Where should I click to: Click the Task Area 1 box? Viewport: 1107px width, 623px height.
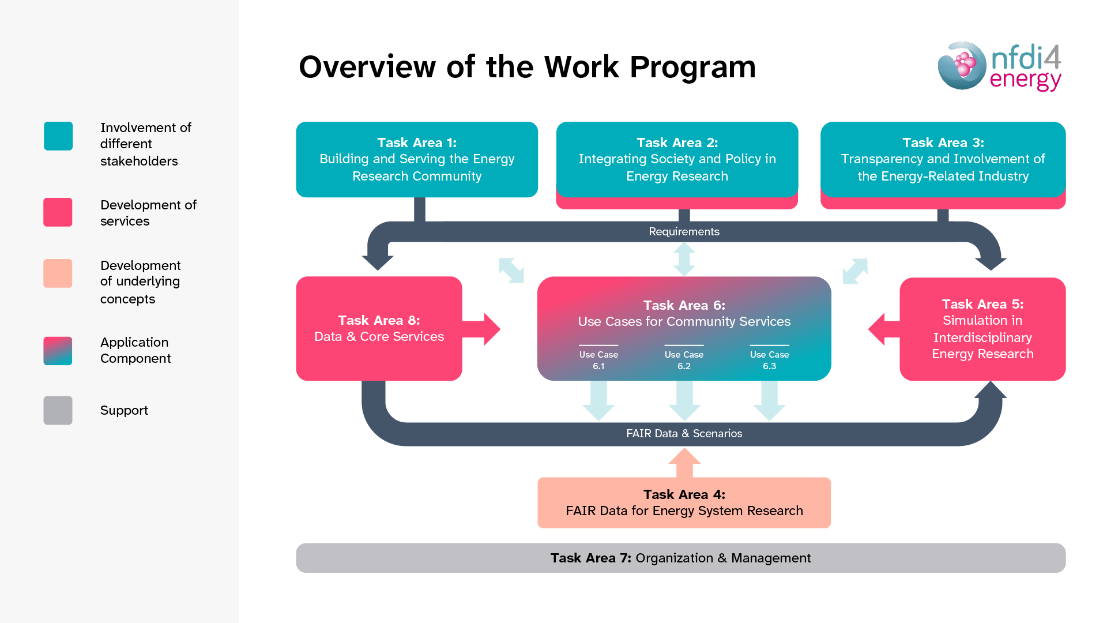(x=417, y=159)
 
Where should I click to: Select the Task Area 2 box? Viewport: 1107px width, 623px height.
(x=677, y=159)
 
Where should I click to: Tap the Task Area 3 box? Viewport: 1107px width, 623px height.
(x=943, y=159)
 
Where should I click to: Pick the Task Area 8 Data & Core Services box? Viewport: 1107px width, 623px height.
(x=379, y=328)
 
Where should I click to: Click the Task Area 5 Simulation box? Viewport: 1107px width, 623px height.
(x=982, y=329)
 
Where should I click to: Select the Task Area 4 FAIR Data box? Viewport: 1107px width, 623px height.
(x=684, y=502)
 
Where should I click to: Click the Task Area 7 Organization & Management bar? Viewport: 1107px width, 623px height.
(x=680, y=558)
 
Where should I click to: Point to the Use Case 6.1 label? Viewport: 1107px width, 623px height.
(x=598, y=360)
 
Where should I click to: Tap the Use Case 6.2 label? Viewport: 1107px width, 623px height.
(x=684, y=360)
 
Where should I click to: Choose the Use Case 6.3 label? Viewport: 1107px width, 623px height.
(x=769, y=360)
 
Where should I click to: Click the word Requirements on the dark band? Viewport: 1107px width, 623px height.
(x=684, y=231)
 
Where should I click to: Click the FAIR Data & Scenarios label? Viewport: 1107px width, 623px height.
(x=684, y=433)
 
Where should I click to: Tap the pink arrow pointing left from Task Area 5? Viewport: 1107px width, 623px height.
(x=882, y=329)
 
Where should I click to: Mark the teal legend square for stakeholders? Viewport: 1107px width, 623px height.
(x=58, y=136)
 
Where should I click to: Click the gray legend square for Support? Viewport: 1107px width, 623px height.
(x=58, y=410)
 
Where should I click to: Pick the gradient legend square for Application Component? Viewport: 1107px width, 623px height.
(x=58, y=351)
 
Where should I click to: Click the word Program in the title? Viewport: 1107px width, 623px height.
(x=692, y=67)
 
